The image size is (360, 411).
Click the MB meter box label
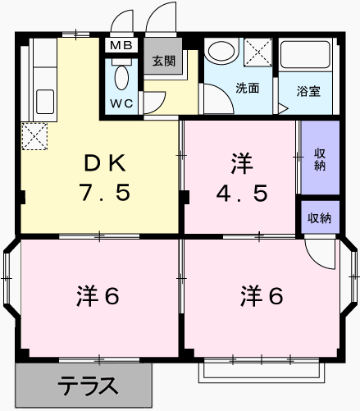(121, 45)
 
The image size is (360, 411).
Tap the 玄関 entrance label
(163, 61)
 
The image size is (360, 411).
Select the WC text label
(121, 103)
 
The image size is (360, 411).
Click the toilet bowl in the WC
(121, 77)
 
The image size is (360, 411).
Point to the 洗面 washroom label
(248, 88)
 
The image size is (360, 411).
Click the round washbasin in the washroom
(221, 51)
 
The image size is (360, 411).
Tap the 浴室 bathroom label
(308, 91)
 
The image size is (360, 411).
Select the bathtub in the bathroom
(305, 54)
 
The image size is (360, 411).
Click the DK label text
(105, 163)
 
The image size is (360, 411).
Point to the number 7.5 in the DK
(105, 192)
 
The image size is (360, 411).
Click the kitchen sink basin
(45, 102)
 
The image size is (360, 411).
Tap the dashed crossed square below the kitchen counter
(34, 136)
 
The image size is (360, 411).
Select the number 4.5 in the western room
(242, 194)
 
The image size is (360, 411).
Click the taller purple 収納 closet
(320, 158)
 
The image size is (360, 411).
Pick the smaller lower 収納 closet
(320, 217)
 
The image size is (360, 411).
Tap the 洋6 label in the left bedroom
(98, 295)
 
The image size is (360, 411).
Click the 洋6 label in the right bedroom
(262, 295)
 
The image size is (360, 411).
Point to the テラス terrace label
(88, 386)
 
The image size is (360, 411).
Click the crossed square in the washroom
(257, 52)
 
